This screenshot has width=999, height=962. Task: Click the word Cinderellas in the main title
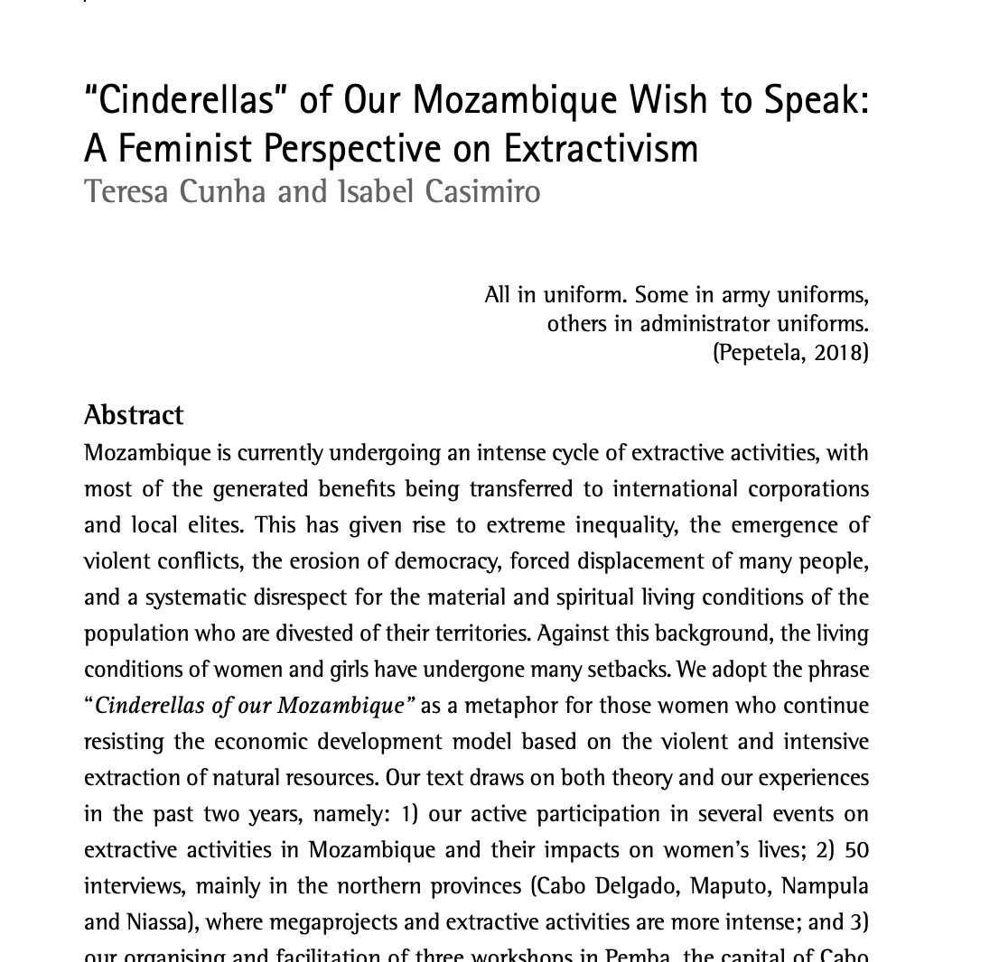tap(186, 100)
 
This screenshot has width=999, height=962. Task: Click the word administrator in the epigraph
tap(706, 323)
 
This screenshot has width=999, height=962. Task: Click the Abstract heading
tap(134, 415)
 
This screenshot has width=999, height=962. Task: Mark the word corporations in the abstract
tap(808, 489)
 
